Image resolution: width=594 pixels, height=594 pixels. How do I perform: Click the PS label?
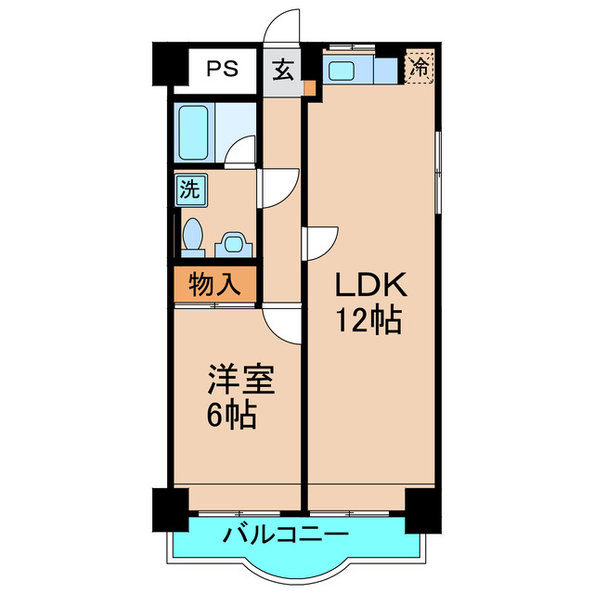[221, 68]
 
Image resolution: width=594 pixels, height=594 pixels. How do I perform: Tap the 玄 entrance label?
[282, 68]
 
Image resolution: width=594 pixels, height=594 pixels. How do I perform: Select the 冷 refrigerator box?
[420, 67]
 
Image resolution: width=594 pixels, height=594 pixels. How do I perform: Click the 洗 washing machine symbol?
[189, 192]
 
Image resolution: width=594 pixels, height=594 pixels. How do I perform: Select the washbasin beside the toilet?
[230, 246]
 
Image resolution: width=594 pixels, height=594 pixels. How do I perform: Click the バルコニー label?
[286, 536]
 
